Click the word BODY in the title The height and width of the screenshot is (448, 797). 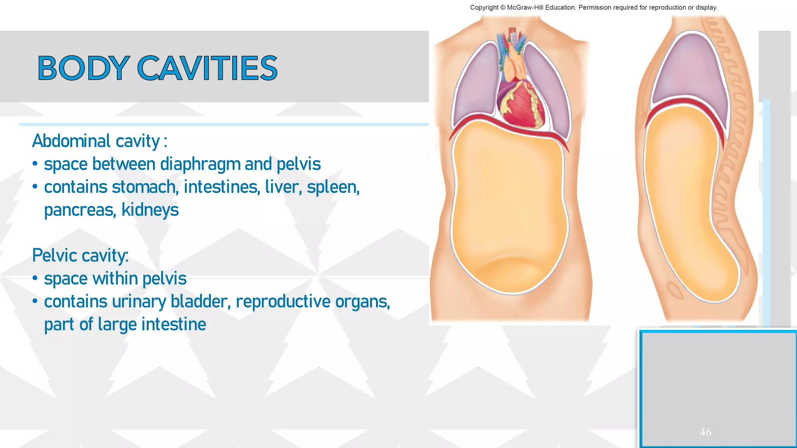coord(83,68)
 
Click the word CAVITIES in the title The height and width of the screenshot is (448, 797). coord(207,68)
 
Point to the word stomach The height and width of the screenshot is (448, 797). coord(144,187)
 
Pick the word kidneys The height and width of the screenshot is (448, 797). coord(150,210)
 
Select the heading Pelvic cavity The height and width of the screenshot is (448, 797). coord(80,255)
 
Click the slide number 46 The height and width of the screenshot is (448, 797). coord(705,432)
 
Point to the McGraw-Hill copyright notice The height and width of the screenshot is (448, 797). coord(593,7)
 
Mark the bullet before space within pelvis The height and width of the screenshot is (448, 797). coord(35,278)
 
